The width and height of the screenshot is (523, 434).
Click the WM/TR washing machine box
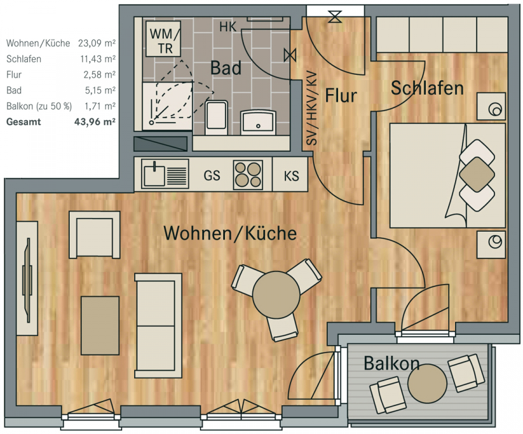(163, 39)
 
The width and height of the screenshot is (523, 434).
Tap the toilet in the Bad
(217, 117)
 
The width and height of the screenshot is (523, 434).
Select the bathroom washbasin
(258, 122)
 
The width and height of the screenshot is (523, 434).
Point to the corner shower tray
(167, 106)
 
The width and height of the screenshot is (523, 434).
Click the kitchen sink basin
(155, 175)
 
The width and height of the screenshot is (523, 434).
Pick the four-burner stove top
(248, 175)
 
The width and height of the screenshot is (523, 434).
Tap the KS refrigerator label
(291, 176)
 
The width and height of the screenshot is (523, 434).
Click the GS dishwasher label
(212, 175)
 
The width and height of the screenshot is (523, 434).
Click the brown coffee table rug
(100, 325)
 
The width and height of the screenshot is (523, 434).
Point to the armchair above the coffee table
(95, 235)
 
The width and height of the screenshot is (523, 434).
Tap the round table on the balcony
(427, 383)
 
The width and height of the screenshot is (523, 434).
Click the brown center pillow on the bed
(477, 174)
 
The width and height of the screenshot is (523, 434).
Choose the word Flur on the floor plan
(341, 96)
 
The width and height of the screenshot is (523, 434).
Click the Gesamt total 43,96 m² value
(95, 121)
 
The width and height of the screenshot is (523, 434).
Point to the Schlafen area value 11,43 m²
(98, 59)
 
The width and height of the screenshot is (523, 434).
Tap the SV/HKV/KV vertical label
(311, 108)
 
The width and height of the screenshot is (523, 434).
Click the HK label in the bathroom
(228, 27)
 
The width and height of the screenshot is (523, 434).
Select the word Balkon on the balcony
(392, 363)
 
